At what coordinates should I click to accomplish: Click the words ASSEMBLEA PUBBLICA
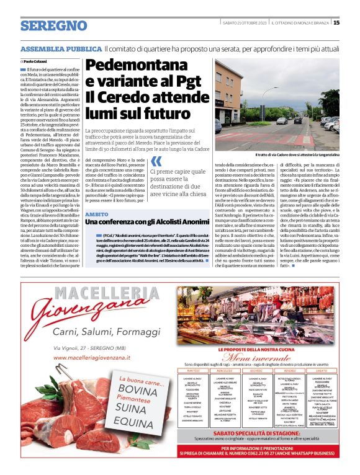[x=60, y=48]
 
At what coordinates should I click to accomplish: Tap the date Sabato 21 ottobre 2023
[x=246, y=23]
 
